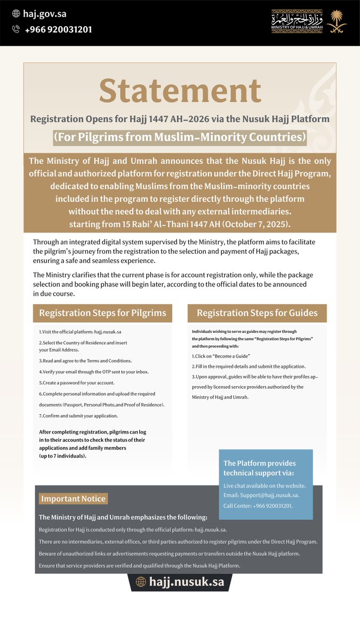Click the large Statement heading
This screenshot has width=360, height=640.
pos(180,91)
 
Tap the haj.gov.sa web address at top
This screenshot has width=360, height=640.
pos(45,14)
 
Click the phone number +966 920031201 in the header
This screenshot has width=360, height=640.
pos(58,30)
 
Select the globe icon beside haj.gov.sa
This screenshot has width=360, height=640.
pos(16,14)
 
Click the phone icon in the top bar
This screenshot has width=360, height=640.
pos(16,30)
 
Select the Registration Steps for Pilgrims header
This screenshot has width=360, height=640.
pos(102,313)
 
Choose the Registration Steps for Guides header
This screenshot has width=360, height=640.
pos(257,313)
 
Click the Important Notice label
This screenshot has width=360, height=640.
pos(74,499)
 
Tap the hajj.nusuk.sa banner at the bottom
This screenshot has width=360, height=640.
pos(181,582)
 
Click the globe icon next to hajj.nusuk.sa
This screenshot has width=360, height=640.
pos(141,582)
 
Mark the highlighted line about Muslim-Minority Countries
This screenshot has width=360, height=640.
pos(180,137)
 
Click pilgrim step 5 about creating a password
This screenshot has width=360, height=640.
pos(77,383)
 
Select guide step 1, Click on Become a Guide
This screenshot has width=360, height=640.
pos(221,356)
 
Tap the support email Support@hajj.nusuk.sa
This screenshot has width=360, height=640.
pos(261,495)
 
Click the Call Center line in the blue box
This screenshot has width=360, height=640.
pos(258,506)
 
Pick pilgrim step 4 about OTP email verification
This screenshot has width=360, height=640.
pos(94,372)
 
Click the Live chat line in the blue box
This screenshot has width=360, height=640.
pos(265,485)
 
